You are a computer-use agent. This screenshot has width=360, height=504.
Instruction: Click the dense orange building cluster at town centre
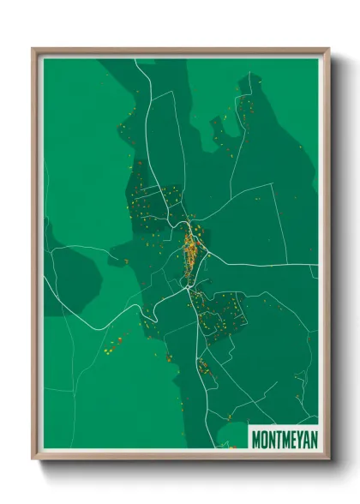click(192, 249)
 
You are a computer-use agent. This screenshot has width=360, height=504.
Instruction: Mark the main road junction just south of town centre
click(188, 289)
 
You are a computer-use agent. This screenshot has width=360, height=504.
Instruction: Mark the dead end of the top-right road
click(250, 75)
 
